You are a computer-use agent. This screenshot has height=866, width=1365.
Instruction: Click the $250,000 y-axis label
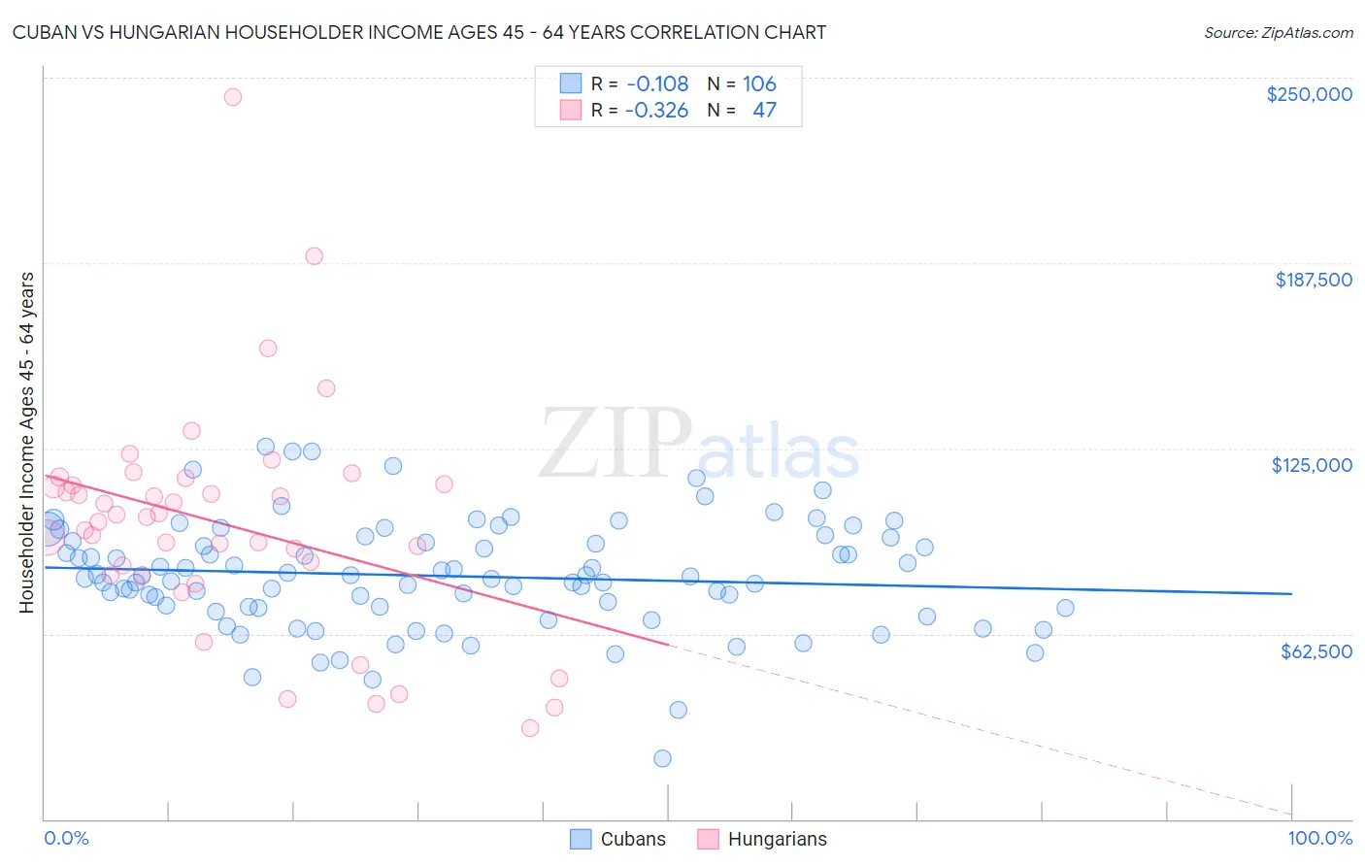coord(1309,94)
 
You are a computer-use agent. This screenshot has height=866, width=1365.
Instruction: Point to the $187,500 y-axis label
coord(1313,280)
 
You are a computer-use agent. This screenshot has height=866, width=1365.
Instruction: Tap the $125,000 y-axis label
coord(1312,465)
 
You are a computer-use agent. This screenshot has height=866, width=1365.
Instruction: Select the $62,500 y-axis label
coord(1315,651)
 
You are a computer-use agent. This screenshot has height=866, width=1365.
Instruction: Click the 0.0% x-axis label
coord(66,838)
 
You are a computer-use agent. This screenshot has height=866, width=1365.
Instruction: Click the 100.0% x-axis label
coord(1319,838)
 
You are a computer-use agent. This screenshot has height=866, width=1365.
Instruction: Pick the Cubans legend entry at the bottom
coord(618,839)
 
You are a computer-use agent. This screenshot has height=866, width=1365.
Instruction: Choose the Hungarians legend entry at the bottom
coord(762,839)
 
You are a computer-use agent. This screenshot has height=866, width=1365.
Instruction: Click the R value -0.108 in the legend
coord(656,83)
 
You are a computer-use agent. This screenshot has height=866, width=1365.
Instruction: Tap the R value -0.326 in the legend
coord(656,110)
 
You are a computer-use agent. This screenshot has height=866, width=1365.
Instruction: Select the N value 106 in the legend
coord(759,83)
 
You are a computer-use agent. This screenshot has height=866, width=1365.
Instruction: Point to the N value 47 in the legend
coord(764,110)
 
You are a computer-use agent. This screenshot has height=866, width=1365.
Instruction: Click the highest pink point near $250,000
coord(232,97)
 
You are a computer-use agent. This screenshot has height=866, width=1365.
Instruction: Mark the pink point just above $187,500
coord(314,256)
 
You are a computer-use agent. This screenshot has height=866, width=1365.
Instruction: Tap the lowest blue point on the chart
coord(662,758)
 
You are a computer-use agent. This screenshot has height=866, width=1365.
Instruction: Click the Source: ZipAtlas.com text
coord(1278,32)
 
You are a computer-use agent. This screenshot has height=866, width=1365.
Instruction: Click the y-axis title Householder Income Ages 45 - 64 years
coord(26,443)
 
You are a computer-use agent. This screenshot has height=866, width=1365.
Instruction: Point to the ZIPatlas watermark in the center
coord(699,445)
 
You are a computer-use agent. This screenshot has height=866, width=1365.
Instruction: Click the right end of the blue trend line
coord(1291,593)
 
